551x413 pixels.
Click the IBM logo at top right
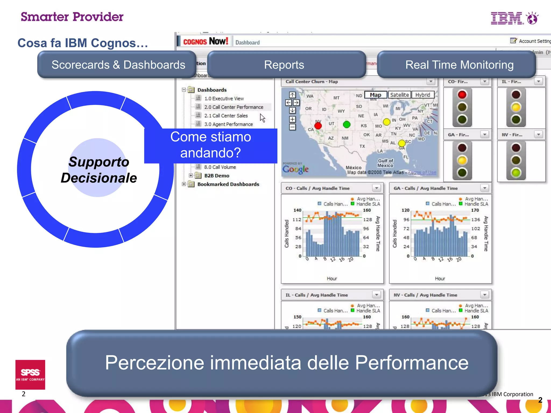tap(514, 18)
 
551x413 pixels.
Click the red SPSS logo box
tap(30, 374)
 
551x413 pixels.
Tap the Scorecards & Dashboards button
tap(118, 65)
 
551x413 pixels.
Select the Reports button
tap(284, 65)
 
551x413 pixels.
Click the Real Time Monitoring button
tap(459, 65)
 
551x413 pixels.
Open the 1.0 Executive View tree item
tap(224, 98)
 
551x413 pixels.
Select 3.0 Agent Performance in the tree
tap(228, 124)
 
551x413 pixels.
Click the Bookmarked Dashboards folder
tap(228, 184)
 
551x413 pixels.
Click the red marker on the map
tap(318, 126)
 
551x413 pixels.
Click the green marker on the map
tap(347, 124)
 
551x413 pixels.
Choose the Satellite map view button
tap(399, 95)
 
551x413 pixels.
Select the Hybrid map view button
tap(422, 95)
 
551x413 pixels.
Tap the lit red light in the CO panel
tap(462, 95)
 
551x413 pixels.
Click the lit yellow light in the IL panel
tap(516, 107)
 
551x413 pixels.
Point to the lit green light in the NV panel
tap(516, 173)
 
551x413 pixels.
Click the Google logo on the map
tap(295, 169)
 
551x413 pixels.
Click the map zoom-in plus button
tap(292, 119)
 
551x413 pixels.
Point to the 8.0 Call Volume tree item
tap(220, 167)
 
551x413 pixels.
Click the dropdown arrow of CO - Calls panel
tap(376, 188)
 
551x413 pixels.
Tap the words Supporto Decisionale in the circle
tap(99, 170)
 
